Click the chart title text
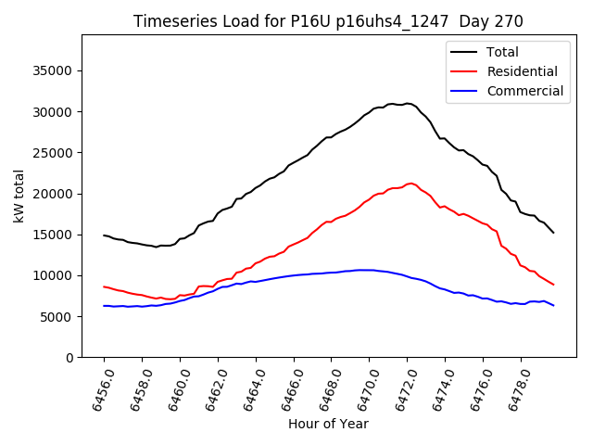328,21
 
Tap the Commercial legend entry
524,91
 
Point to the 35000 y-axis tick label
53,71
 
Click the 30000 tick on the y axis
53,112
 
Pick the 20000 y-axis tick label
53,194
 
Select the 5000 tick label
57,316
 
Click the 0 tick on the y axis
69,358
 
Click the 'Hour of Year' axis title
328,424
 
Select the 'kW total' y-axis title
19,197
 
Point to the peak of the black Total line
408,104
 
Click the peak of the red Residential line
410,184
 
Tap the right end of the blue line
553,305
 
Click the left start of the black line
104,235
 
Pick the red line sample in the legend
465,71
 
